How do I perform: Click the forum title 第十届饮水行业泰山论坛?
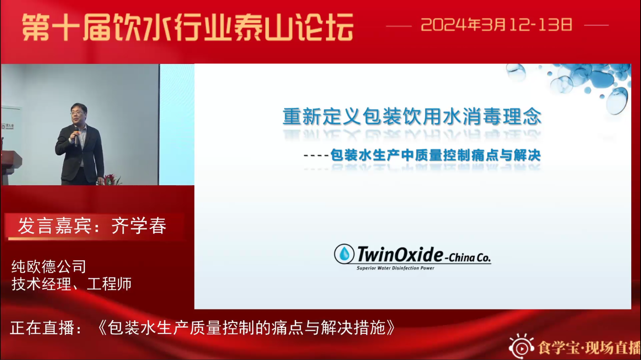pos(188,28)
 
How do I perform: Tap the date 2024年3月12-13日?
pos(497,25)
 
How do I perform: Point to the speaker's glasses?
pos(77,113)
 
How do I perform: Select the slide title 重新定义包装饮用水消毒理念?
pos(412,116)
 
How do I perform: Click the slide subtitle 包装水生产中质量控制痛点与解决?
pos(435,155)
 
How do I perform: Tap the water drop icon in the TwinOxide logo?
pos(344,254)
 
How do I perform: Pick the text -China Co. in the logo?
pos(468,258)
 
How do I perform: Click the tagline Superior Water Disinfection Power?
pos(395,268)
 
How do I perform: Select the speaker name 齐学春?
pos(139,226)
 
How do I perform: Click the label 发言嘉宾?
pos(55,226)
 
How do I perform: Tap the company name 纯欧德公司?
pos(49,266)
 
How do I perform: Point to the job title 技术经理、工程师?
pos(72,284)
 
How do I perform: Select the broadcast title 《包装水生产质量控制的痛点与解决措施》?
pos(246,328)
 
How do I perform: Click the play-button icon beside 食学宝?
pos(521,347)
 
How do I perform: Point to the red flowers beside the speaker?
pos(110,180)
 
